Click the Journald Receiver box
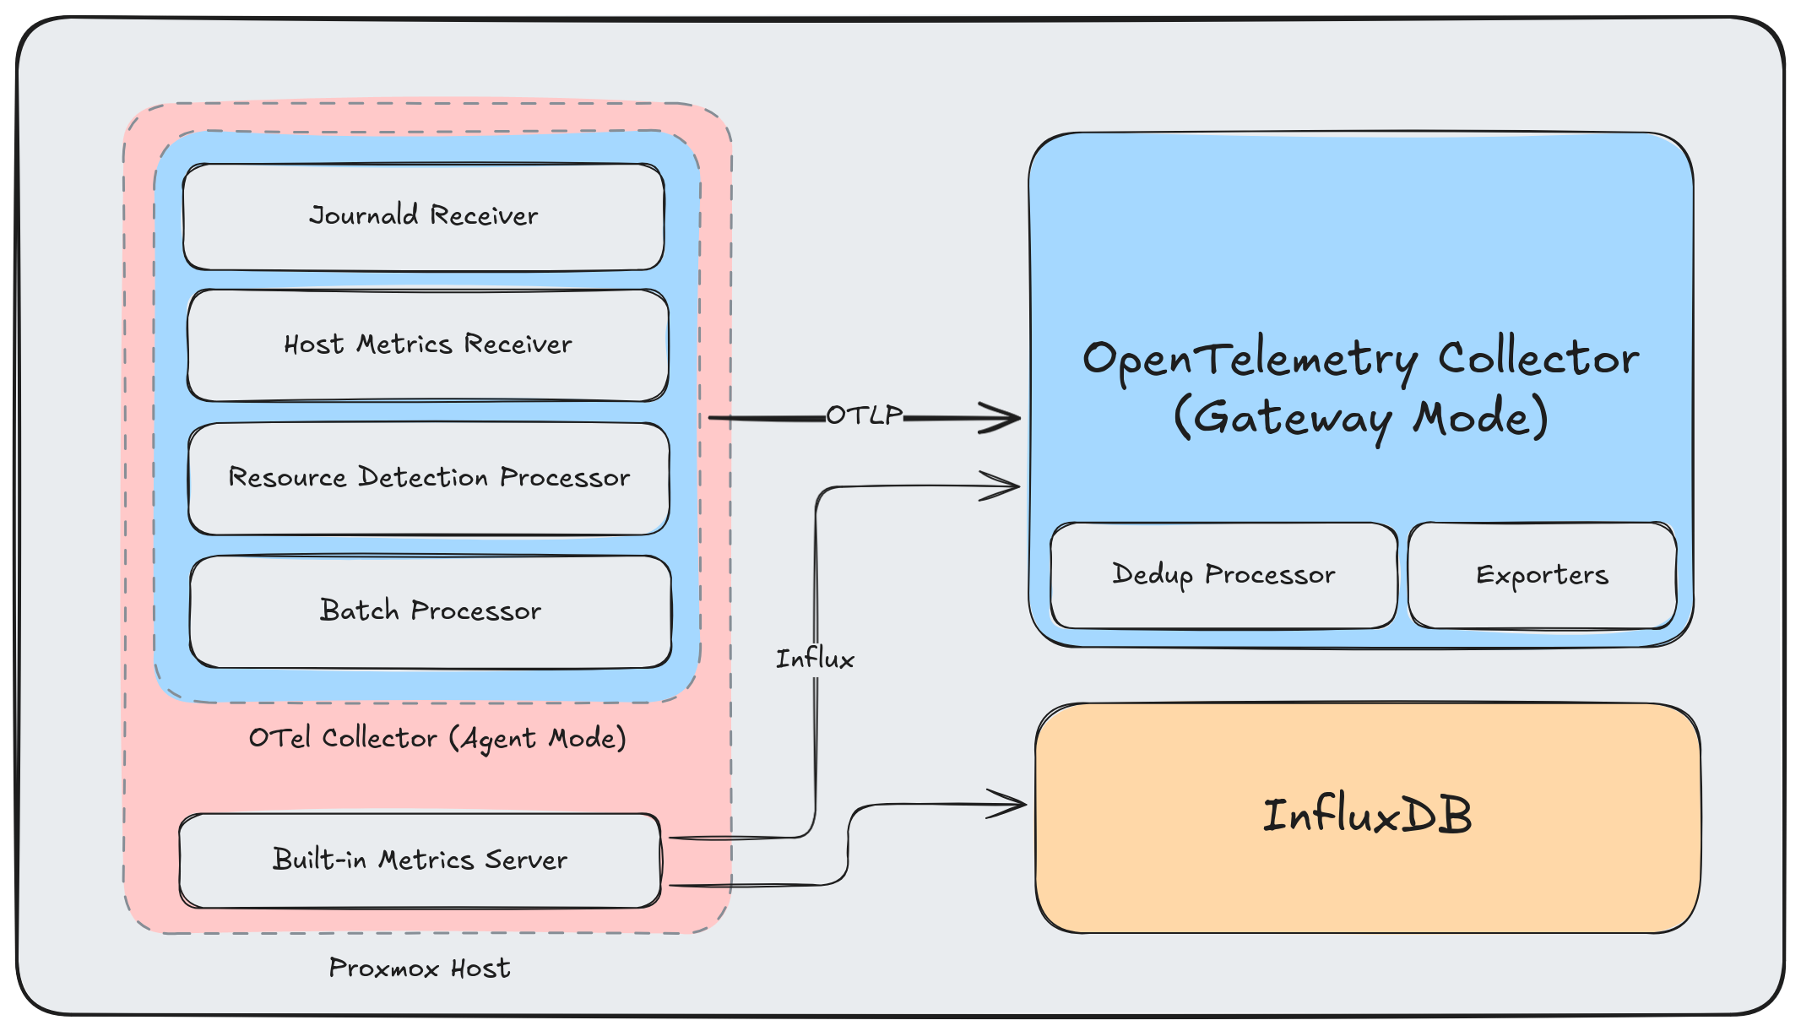tap(423, 217)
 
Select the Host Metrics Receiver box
tap(427, 345)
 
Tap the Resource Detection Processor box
tap(429, 478)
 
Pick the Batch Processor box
tap(430, 610)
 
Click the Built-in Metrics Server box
tap(420, 860)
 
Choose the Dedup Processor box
tap(1223, 575)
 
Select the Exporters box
tap(1542, 575)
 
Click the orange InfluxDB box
tap(1367, 817)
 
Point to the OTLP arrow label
tap(864, 415)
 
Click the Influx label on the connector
tap(815, 659)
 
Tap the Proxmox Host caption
tap(420, 968)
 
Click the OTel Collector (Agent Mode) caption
tap(437, 738)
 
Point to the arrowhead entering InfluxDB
tap(1017, 804)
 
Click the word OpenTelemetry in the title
tap(1250, 360)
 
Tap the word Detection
tap(423, 477)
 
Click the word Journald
tap(363, 215)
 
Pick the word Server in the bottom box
tap(525, 860)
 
